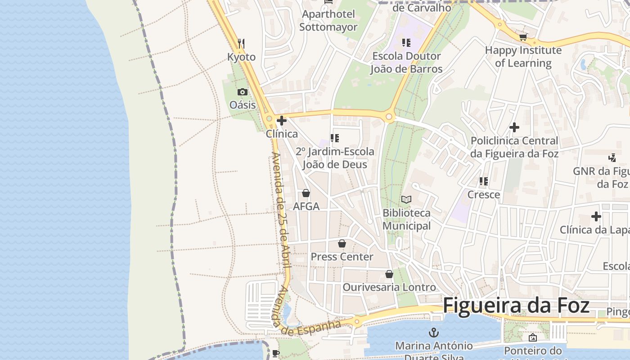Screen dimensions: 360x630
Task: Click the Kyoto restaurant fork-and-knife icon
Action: (241, 43)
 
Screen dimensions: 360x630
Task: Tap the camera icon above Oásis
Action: (243, 92)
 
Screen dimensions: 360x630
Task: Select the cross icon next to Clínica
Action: (282, 121)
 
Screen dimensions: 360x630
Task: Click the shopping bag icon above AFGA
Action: (306, 193)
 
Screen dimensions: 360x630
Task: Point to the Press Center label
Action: (342, 257)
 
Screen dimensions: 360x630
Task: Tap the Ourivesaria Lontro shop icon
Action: (389, 274)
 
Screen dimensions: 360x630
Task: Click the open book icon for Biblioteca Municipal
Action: (406, 199)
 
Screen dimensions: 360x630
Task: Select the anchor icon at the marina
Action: (434, 333)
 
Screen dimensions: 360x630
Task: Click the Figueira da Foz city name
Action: (516, 306)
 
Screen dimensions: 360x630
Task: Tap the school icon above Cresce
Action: (484, 181)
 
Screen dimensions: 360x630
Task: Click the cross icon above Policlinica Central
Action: (514, 127)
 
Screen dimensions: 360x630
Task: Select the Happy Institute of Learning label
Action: (523, 57)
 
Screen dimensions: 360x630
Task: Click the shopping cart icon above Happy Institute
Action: (523, 37)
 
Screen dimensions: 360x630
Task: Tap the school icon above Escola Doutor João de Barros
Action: (406, 43)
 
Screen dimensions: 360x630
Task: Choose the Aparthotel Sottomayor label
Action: (328, 21)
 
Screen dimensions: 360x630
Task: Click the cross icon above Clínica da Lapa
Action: (596, 216)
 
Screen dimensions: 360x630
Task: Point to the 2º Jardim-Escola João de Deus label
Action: (335, 158)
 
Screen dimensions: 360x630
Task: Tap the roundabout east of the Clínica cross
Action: (389, 117)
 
